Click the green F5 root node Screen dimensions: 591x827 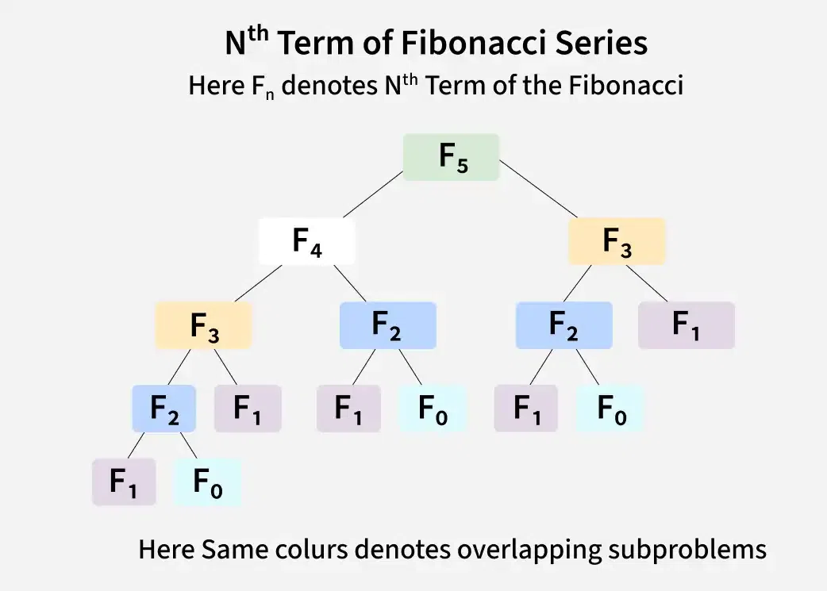451,157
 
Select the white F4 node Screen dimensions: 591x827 306,241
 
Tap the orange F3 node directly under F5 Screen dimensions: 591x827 617,241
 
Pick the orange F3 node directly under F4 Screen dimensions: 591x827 204,325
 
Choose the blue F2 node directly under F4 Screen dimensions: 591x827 387,325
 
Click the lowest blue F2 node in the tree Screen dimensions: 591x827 163,409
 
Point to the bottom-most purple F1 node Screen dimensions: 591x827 124,482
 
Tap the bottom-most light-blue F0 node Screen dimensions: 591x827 207,482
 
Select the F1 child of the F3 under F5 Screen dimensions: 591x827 686,325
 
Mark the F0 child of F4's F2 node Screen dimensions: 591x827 431,409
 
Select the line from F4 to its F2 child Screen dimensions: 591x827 350,282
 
